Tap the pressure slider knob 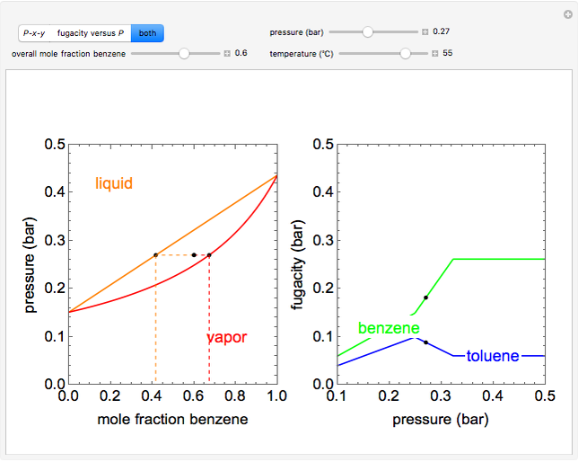click(367, 31)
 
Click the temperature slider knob click(406, 53)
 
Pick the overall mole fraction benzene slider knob click(184, 53)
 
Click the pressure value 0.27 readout click(441, 31)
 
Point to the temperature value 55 click(448, 53)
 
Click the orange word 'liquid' click(114, 183)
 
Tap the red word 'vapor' click(226, 338)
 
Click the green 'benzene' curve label click(383, 328)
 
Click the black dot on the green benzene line click(425, 298)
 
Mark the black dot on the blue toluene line click(425, 342)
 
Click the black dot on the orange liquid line click(155, 255)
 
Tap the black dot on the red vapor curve click(209, 255)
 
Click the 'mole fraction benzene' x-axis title click(171, 419)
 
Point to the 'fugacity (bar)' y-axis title click(299, 264)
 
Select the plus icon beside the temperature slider click(434, 53)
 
